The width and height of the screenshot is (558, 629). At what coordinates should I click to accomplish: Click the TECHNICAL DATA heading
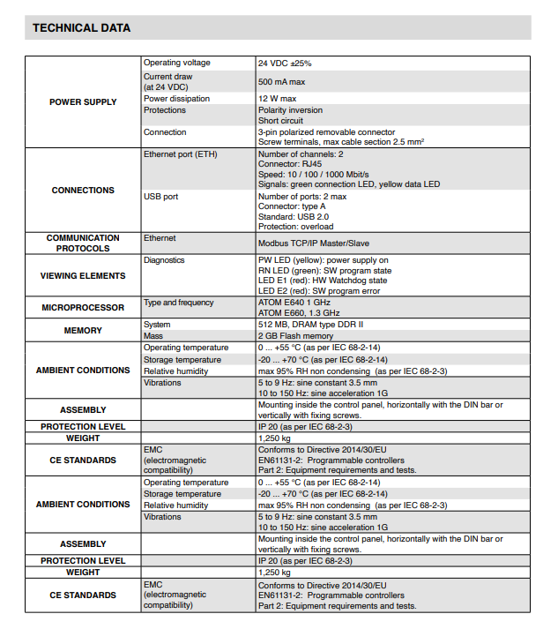[x=82, y=28]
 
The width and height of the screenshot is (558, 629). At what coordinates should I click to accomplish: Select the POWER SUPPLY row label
[x=83, y=102]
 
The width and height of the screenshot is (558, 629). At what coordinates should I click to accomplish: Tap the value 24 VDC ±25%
[x=285, y=64]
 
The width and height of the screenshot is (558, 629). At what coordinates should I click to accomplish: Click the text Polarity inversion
[x=290, y=110]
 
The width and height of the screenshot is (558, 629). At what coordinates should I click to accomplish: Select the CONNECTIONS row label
[x=83, y=190]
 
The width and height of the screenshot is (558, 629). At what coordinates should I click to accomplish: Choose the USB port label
[x=160, y=197]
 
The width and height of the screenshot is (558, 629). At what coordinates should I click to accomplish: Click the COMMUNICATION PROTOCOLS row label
[x=83, y=243]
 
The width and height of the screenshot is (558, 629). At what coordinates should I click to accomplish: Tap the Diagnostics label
[x=164, y=260]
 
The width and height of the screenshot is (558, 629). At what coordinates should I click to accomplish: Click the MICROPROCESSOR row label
[x=83, y=308]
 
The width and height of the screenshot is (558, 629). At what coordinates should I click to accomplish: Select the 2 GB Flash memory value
[x=295, y=336]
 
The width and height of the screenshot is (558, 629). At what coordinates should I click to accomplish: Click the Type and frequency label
[x=179, y=303]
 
